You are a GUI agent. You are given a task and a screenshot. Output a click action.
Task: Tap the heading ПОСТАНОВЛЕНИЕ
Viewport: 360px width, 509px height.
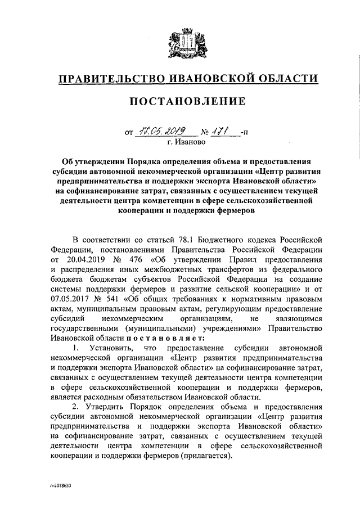tap(188, 102)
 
